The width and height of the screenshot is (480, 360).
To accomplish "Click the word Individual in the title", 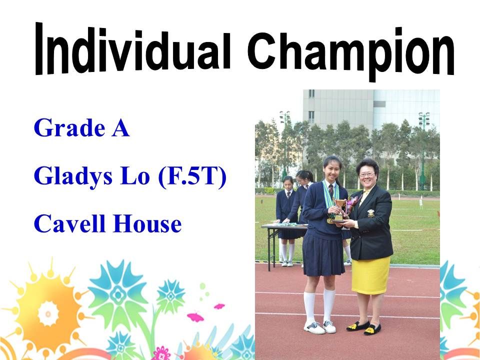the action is coord(133,49).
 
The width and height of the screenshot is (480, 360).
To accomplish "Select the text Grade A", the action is coord(81,127).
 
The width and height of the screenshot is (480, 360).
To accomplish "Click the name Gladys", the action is coord(73,176).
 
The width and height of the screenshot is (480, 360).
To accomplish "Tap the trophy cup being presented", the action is coord(339,210).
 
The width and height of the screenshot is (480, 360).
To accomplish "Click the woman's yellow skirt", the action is coord(370,275).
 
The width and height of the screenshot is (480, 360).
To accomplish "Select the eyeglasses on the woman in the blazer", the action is coord(366,174).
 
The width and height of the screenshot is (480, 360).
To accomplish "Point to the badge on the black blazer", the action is coord(370,213).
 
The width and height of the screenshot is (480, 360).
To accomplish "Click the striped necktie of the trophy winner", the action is coord(331,191).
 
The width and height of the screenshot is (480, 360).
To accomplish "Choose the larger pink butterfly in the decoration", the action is coord(195,317).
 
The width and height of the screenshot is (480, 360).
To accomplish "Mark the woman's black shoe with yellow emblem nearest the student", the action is coord(357,325).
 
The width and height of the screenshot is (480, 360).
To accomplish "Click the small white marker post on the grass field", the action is coord(421,203).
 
